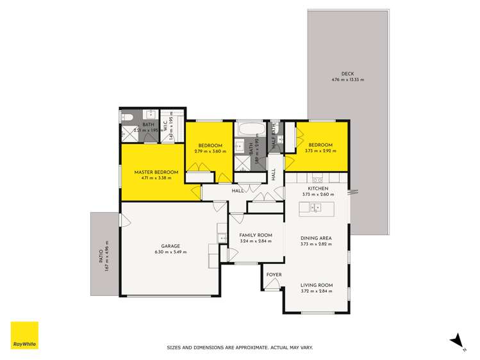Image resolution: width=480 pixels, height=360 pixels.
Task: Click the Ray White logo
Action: point(24,335)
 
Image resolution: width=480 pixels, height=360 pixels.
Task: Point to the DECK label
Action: point(347,73)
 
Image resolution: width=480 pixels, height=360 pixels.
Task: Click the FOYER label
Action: point(274,275)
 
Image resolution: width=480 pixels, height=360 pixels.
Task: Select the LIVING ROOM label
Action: point(316,286)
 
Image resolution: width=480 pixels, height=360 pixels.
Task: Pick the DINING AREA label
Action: point(316,238)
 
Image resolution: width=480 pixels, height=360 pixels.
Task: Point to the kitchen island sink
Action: point(315,207)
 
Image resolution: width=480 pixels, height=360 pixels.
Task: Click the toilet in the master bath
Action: point(126,116)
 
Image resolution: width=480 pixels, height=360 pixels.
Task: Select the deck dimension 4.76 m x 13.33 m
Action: point(347,79)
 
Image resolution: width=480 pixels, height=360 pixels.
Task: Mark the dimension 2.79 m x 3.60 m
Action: point(210,151)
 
